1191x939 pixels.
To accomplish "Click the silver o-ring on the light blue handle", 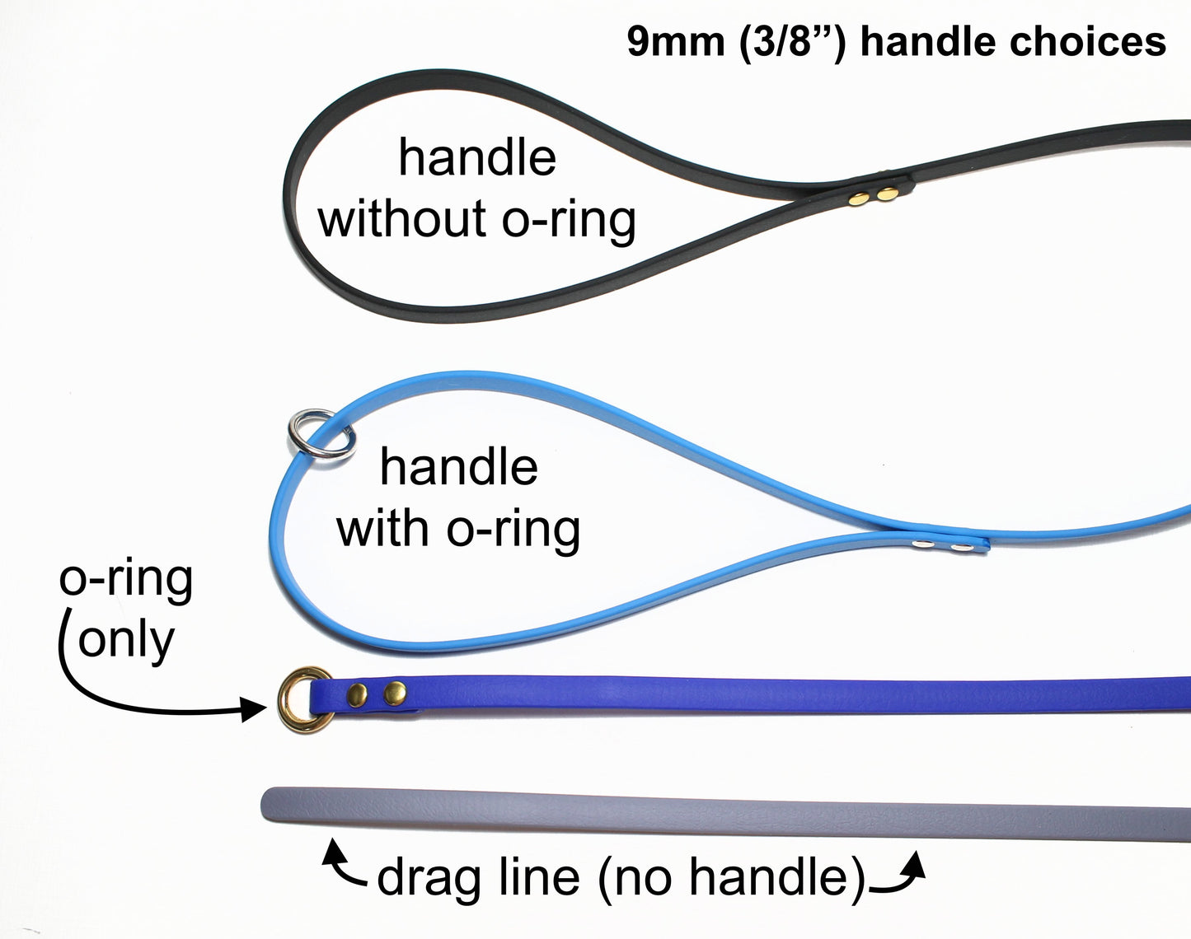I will pyautogui.click(x=320, y=435).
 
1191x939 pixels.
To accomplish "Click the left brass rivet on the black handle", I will pyautogui.click(x=860, y=197).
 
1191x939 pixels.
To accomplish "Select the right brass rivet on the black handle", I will pyautogui.click(x=887, y=194).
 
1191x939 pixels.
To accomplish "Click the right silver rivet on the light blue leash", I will pyautogui.click(x=960, y=546).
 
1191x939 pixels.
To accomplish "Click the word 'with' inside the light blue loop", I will pyautogui.click(x=385, y=527).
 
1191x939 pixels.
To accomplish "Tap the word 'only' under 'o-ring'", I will pyautogui.click(x=126, y=639).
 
